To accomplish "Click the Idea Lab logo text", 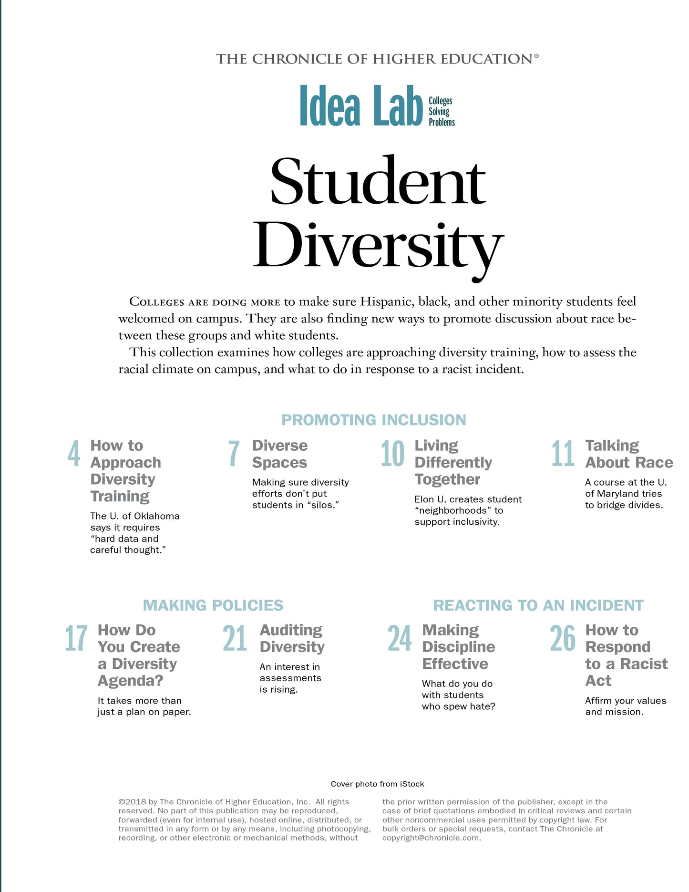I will [x=361, y=106].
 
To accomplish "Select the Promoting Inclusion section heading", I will [x=374, y=420].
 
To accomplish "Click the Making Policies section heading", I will [x=213, y=605].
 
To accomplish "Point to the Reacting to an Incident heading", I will [x=538, y=605].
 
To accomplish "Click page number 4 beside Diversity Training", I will [x=74, y=454].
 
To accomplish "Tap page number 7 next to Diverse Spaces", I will [x=234, y=454].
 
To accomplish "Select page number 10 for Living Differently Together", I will [x=392, y=454].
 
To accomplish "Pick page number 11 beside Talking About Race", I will [x=563, y=454].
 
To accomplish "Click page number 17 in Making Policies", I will [x=76, y=638].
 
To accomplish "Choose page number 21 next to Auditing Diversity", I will [x=235, y=638].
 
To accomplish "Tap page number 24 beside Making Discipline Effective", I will [x=399, y=638].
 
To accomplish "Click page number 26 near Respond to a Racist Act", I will [x=563, y=638].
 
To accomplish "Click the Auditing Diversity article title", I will [x=292, y=638].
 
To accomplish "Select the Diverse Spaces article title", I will [x=280, y=454].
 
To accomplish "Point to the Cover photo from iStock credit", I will [x=377, y=784].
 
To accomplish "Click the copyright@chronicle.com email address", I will [x=432, y=838].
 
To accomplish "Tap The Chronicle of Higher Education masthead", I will [x=377, y=59].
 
